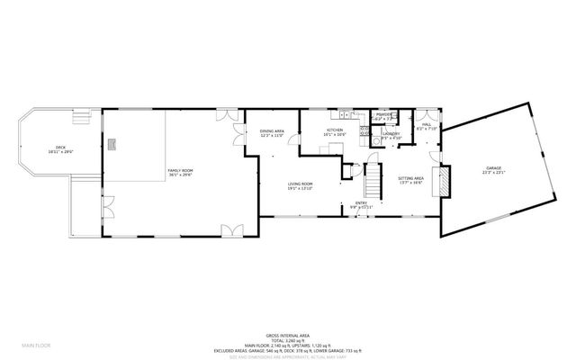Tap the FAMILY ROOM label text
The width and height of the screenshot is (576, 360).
tap(181, 170)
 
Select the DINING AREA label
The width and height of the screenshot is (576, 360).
tap(273, 131)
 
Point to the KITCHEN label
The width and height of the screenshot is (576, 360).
tap(336, 131)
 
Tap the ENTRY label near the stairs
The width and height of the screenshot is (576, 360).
tap(361, 203)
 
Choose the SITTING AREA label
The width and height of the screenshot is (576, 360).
tap(411, 178)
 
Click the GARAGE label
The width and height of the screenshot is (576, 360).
tap(494, 168)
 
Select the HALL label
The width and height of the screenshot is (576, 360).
tap(427, 125)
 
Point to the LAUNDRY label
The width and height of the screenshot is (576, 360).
tap(391, 134)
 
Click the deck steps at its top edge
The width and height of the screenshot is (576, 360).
tap(83, 113)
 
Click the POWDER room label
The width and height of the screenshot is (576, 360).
tap(383, 115)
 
